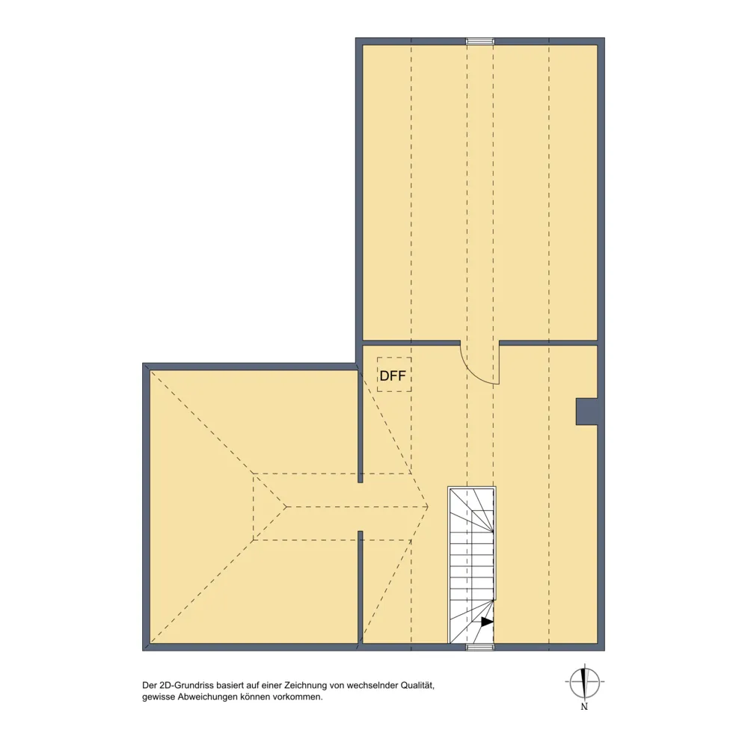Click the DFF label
click(x=393, y=376)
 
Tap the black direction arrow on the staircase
click(x=487, y=622)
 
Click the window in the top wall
click(x=480, y=41)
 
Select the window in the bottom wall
click(x=480, y=647)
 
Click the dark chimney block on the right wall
click(x=586, y=411)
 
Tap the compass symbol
click(x=584, y=682)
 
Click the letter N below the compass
click(x=584, y=707)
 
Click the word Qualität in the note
click(x=417, y=685)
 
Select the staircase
click(x=472, y=565)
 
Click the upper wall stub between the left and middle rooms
click(x=361, y=426)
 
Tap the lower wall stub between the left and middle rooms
click(x=361, y=587)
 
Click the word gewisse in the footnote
click(x=158, y=697)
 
